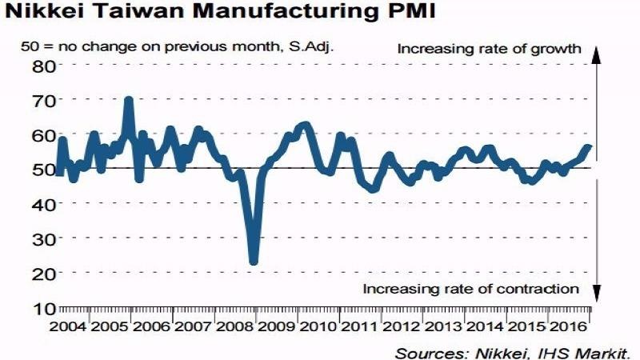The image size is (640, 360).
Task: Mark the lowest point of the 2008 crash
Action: coord(254,260)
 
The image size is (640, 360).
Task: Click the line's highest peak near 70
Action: coord(128,101)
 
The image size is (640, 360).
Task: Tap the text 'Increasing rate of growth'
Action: coord(489,49)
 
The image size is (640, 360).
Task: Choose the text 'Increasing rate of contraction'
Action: coord(471,289)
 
